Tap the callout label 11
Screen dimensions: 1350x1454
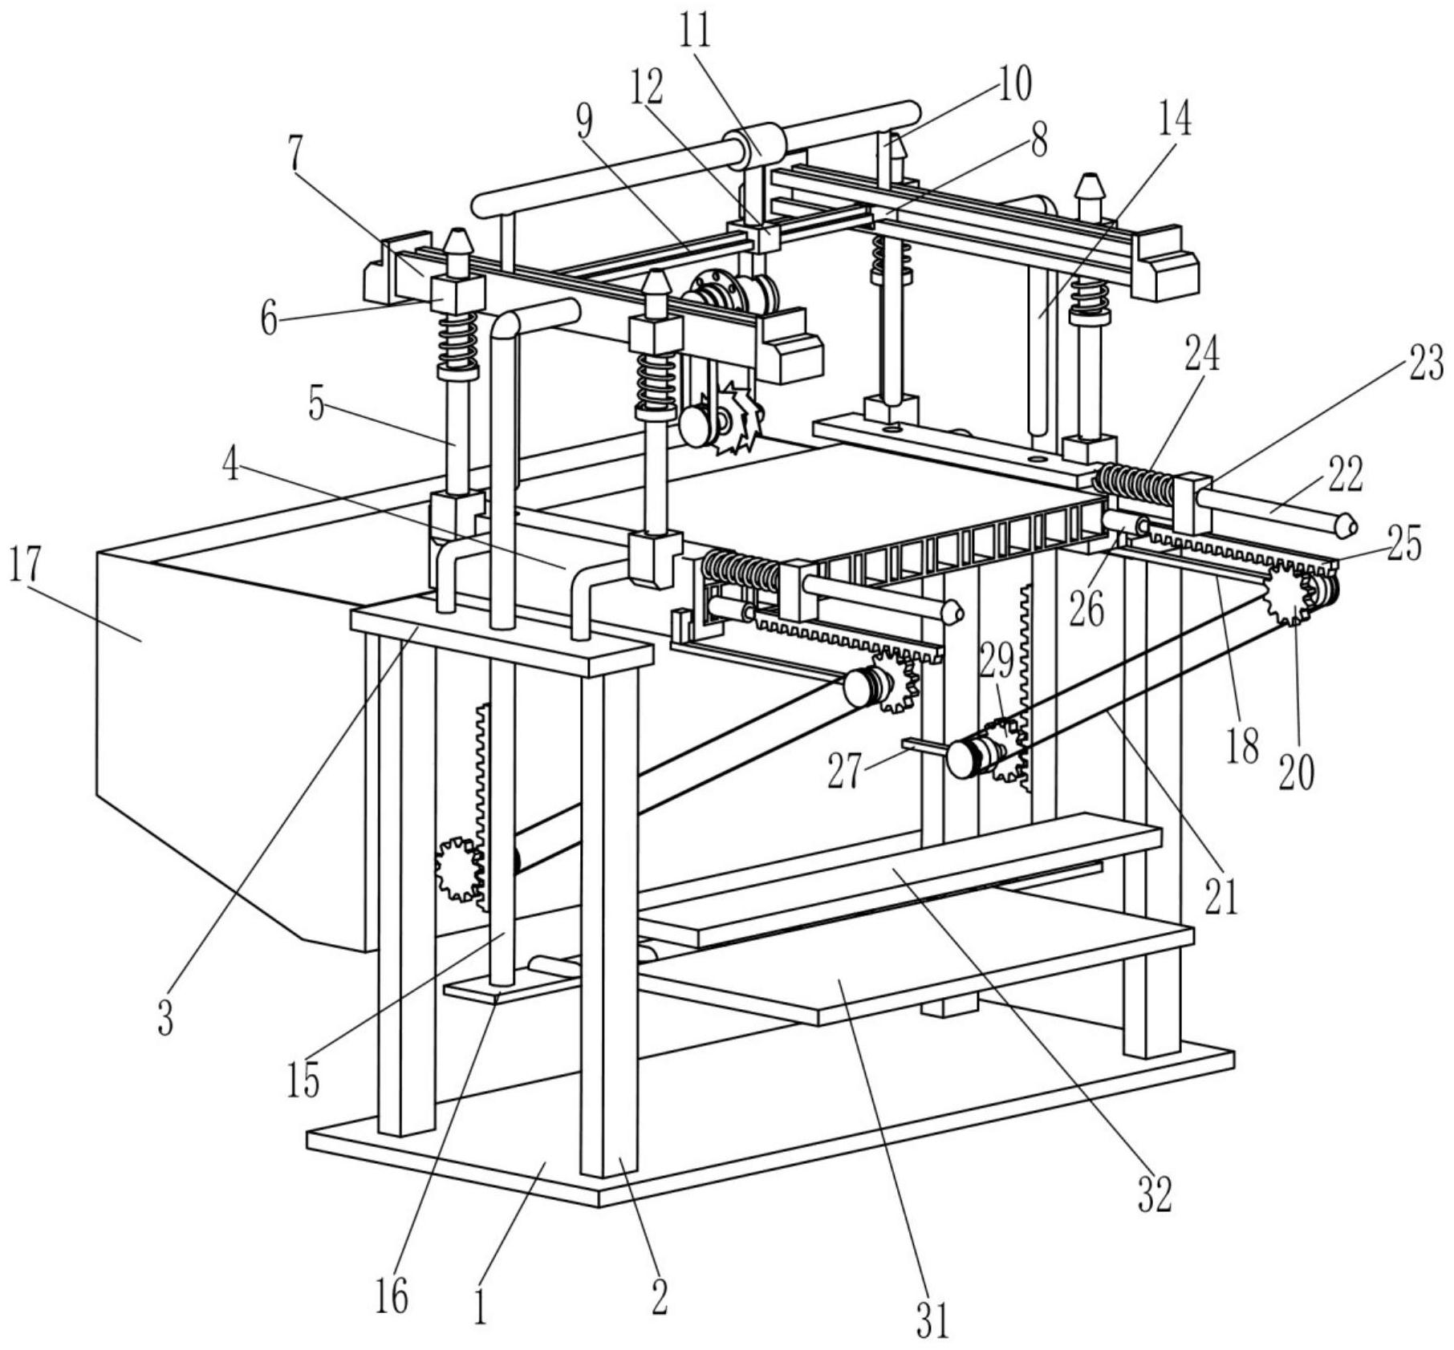point(695,33)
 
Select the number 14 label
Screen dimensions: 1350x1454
point(1174,117)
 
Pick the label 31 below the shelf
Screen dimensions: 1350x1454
point(933,1320)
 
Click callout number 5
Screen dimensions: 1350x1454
point(316,405)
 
